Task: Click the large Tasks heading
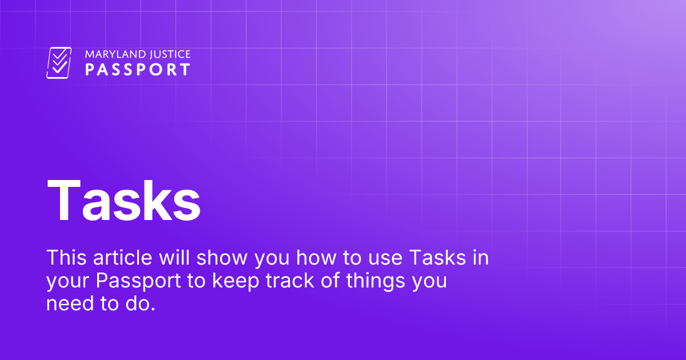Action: (123, 201)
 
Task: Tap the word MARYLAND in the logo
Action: (110, 54)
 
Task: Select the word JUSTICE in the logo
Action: (165, 54)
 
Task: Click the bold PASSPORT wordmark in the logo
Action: (138, 70)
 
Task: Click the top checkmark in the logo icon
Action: (59, 54)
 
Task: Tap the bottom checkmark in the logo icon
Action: (60, 67)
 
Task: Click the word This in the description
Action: (66, 258)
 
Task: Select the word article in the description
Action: (122, 258)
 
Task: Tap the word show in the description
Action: (222, 258)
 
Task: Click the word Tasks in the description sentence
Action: (437, 258)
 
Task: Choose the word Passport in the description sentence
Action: (138, 281)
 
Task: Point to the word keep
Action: (236, 281)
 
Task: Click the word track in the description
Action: (290, 280)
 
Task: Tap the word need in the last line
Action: (70, 303)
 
